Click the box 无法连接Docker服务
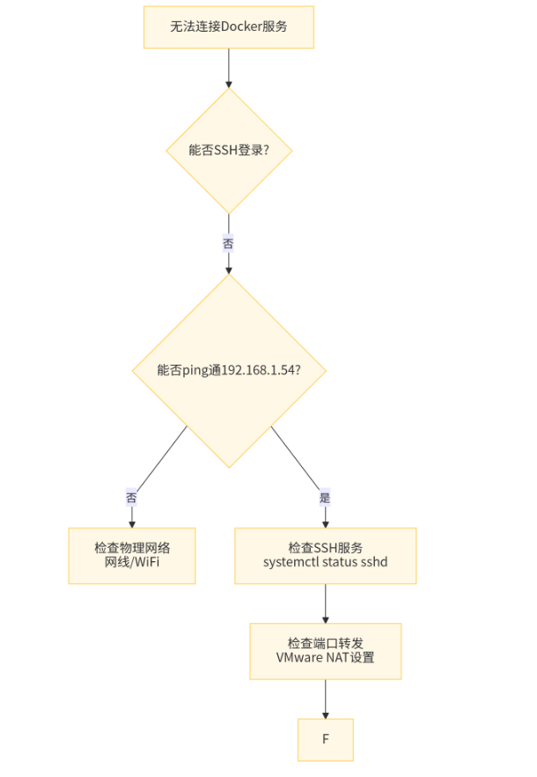(229, 26)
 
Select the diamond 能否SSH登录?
(229, 150)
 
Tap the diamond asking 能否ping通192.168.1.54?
(229, 370)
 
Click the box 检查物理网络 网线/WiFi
(132, 555)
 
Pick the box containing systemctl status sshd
(325, 556)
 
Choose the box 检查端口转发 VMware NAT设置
(325, 651)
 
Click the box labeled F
(325, 739)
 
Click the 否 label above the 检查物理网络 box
(132, 498)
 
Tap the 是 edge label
(325, 498)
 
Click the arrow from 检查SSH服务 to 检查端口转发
(325, 603)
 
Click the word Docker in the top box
(241, 26)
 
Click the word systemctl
(294, 562)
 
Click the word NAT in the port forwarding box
(337, 658)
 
